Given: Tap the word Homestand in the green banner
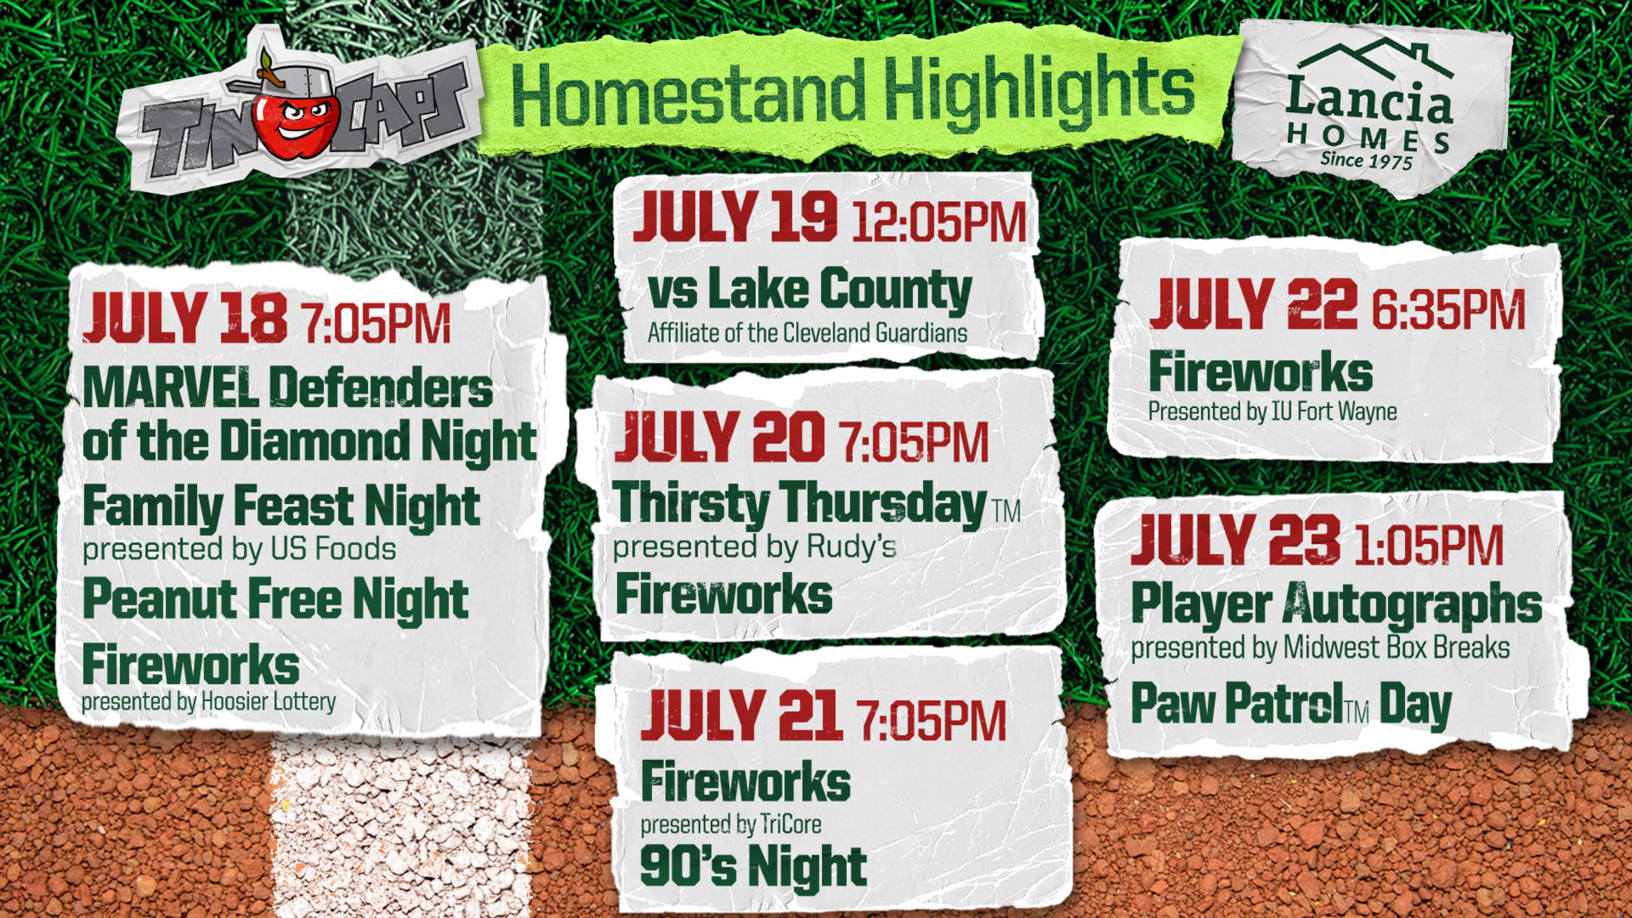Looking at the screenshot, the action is coord(688,95).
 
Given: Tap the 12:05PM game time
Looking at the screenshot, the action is coord(939,222).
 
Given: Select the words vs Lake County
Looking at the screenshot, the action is coord(810,289).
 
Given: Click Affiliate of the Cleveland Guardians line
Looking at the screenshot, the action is coord(807,333).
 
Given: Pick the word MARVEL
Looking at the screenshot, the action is coord(171,387).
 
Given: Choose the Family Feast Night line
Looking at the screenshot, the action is coord(282,508).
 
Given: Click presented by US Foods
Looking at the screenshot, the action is coord(239,549).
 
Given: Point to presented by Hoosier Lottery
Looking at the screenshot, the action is coord(208,701).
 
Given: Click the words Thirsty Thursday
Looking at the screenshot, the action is coord(800,503).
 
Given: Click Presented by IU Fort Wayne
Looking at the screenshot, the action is coord(1272,412).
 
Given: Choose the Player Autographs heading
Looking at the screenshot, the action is coord(1336,604).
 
